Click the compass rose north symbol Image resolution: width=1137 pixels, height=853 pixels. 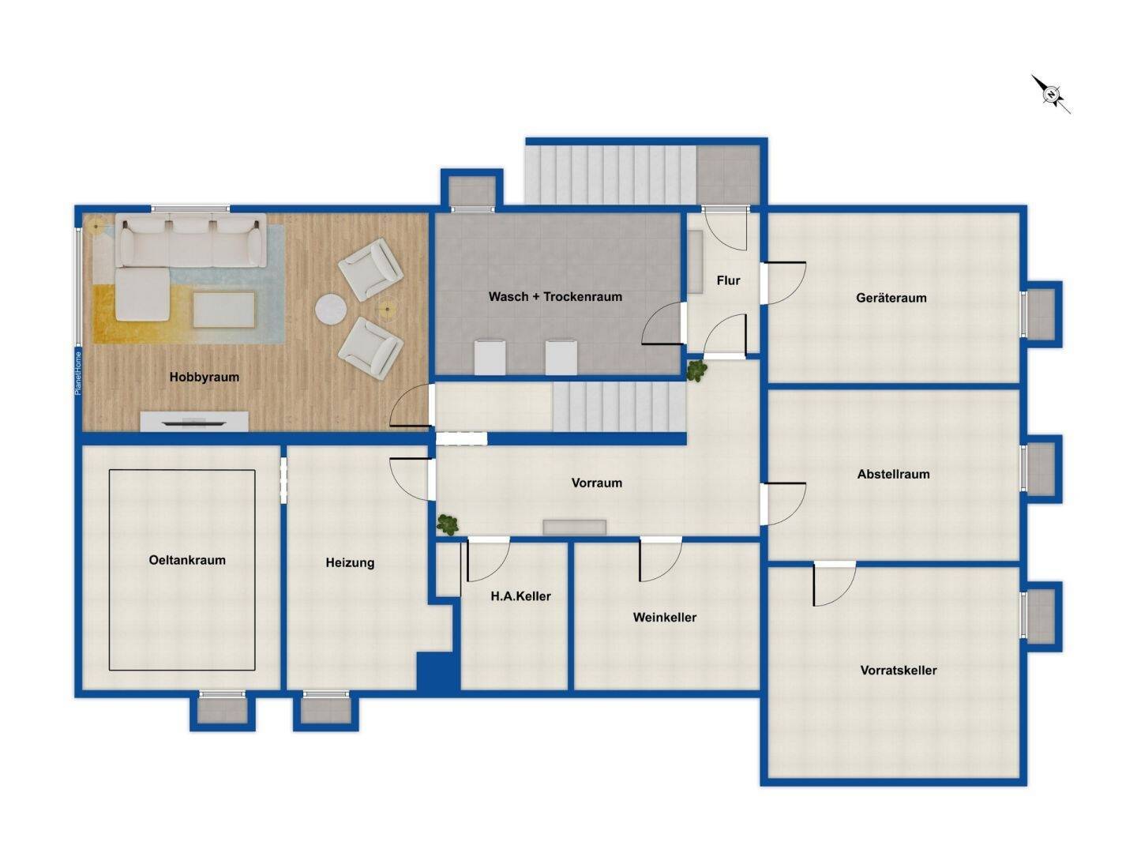pyautogui.click(x=1051, y=95)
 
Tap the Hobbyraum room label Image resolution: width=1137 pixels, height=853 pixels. pyautogui.click(x=204, y=377)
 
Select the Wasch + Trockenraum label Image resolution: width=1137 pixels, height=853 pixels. pyautogui.click(x=555, y=297)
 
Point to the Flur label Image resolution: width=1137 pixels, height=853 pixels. pyautogui.click(x=728, y=280)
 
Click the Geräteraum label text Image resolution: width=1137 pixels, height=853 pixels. pyautogui.click(x=891, y=298)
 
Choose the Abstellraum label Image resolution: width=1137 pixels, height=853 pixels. pyautogui.click(x=893, y=474)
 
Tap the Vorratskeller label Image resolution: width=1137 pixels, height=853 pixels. pyautogui.click(x=899, y=671)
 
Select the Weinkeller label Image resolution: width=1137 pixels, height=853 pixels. pyautogui.click(x=665, y=618)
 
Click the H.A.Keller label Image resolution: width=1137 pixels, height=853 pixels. pyautogui.click(x=520, y=596)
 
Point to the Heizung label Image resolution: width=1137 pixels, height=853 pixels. pyautogui.click(x=350, y=563)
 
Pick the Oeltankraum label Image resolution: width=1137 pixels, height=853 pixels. pyautogui.click(x=187, y=560)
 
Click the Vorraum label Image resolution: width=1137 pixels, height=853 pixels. pyautogui.click(x=597, y=483)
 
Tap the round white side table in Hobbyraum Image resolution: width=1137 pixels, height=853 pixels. pyautogui.click(x=331, y=310)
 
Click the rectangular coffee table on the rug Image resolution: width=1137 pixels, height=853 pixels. pyautogui.click(x=223, y=310)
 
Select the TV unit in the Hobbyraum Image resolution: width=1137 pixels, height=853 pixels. pyautogui.click(x=194, y=421)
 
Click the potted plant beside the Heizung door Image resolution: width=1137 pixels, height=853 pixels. pyautogui.click(x=447, y=524)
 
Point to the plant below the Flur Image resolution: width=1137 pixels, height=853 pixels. pyautogui.click(x=696, y=370)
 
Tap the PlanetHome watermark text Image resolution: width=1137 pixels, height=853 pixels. pyautogui.click(x=78, y=374)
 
